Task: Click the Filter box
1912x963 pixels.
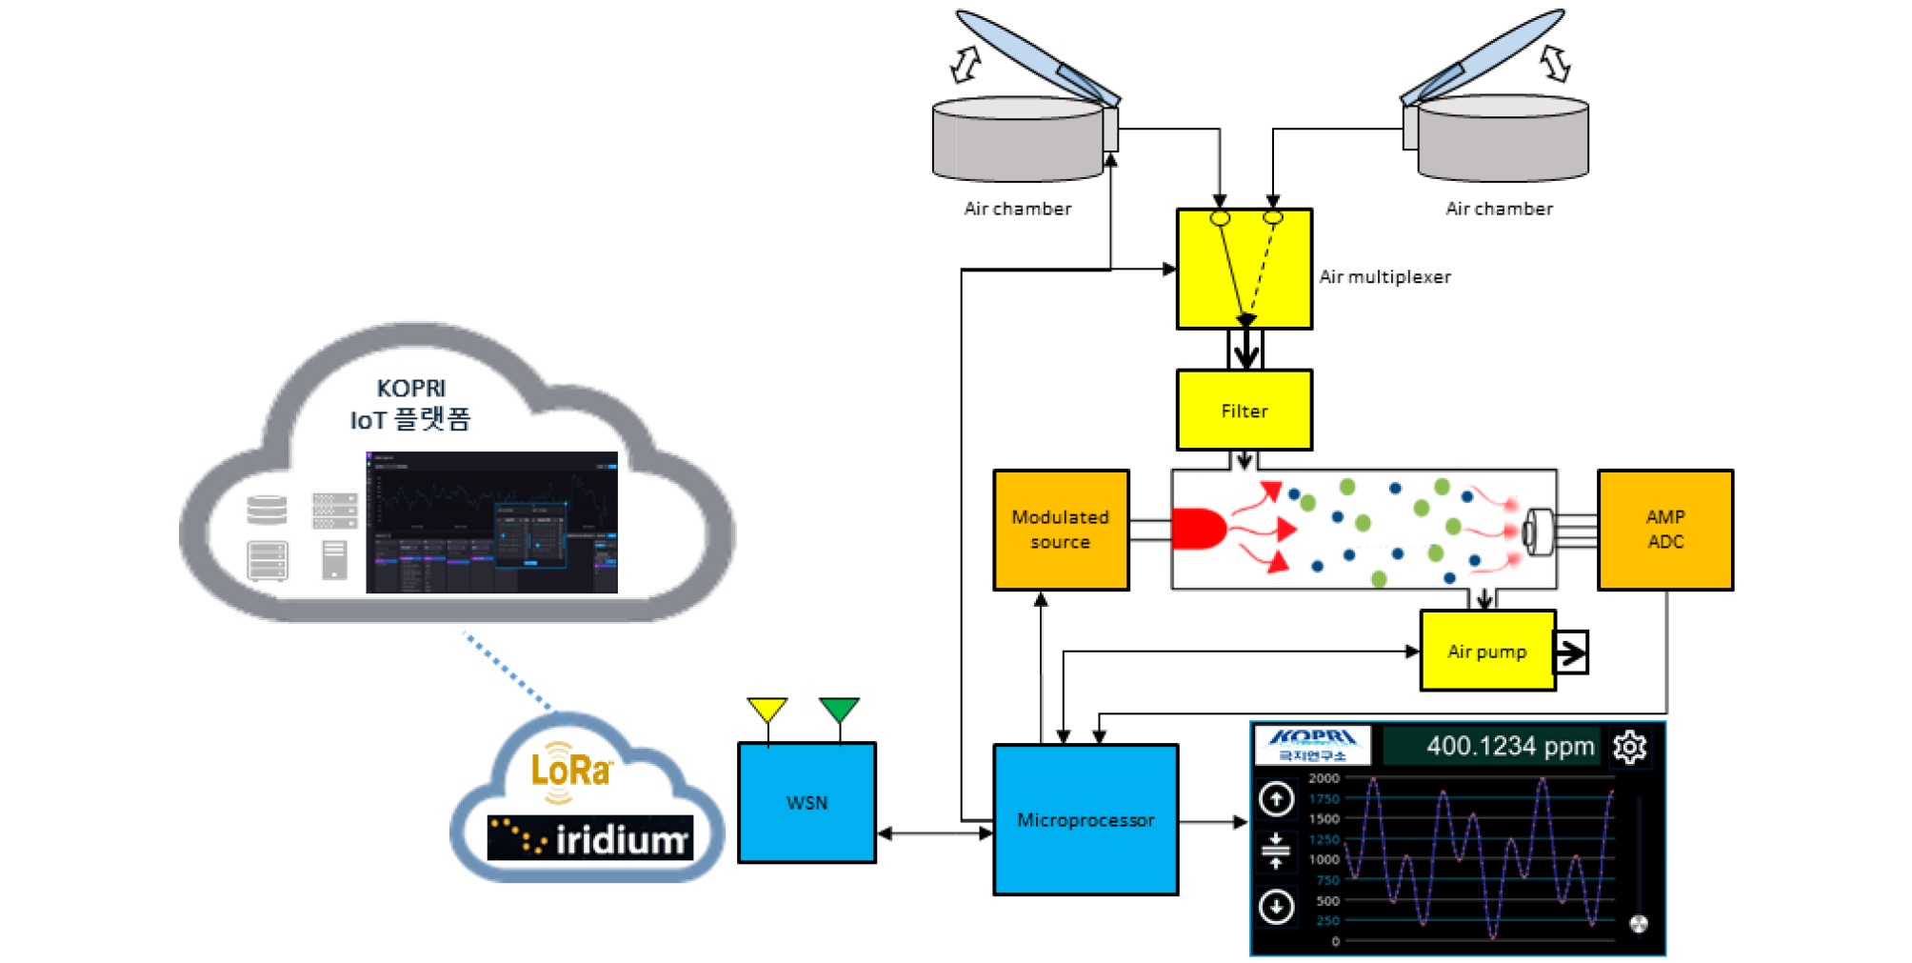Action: tap(1244, 411)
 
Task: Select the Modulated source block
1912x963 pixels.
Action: tap(1061, 530)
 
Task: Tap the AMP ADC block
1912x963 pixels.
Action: tap(1664, 530)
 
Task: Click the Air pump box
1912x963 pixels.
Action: tap(1486, 652)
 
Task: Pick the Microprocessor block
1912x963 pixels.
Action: tap(1085, 820)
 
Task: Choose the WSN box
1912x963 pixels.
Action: tap(807, 803)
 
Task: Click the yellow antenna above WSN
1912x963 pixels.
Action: tap(767, 710)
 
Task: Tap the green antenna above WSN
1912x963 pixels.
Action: tap(839, 710)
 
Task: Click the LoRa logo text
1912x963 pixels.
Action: tap(570, 770)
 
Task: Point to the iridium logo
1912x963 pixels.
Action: tap(590, 838)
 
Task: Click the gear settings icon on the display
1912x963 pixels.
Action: tap(1629, 747)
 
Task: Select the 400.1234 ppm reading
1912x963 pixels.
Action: tap(1509, 746)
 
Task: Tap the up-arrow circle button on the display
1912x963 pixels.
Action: tap(1276, 798)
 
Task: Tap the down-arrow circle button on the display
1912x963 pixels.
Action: tap(1276, 906)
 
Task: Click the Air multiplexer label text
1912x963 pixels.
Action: tap(1384, 277)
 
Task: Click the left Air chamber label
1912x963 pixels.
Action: tap(1017, 209)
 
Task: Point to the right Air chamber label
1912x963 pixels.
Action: tap(1499, 209)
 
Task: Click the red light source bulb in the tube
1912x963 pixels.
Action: tap(1198, 530)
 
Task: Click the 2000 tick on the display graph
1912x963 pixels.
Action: tap(1324, 778)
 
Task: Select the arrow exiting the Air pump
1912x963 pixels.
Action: tap(1571, 652)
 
